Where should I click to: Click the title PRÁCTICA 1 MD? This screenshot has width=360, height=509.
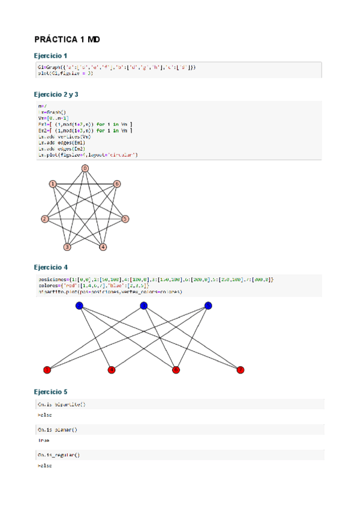[x=67, y=40]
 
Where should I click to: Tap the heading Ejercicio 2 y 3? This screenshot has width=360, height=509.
[x=56, y=95]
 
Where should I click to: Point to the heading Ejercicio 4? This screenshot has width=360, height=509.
[x=51, y=267]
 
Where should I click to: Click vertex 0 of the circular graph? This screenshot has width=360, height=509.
[x=85, y=169]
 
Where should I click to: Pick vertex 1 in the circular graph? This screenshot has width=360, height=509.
[x=53, y=184]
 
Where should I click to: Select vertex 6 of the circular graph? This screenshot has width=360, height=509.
[x=117, y=184]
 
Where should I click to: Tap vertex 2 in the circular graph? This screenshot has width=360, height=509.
[x=44, y=219]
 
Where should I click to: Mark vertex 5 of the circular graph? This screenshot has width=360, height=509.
[x=125, y=219]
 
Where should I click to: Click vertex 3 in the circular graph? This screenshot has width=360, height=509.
[x=67, y=247]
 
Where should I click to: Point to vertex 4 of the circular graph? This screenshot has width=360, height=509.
[x=103, y=247]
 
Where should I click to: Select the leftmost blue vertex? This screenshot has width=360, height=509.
[x=79, y=306]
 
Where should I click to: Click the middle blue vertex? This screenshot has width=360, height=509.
[x=143, y=306]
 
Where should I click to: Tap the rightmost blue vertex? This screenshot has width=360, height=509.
[x=208, y=306]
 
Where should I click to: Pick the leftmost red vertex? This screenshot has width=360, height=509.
[x=47, y=370]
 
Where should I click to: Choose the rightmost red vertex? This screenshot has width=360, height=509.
[x=241, y=370]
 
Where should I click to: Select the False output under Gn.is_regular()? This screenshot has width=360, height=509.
[x=44, y=465]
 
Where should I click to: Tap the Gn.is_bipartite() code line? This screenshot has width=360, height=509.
[x=61, y=405]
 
